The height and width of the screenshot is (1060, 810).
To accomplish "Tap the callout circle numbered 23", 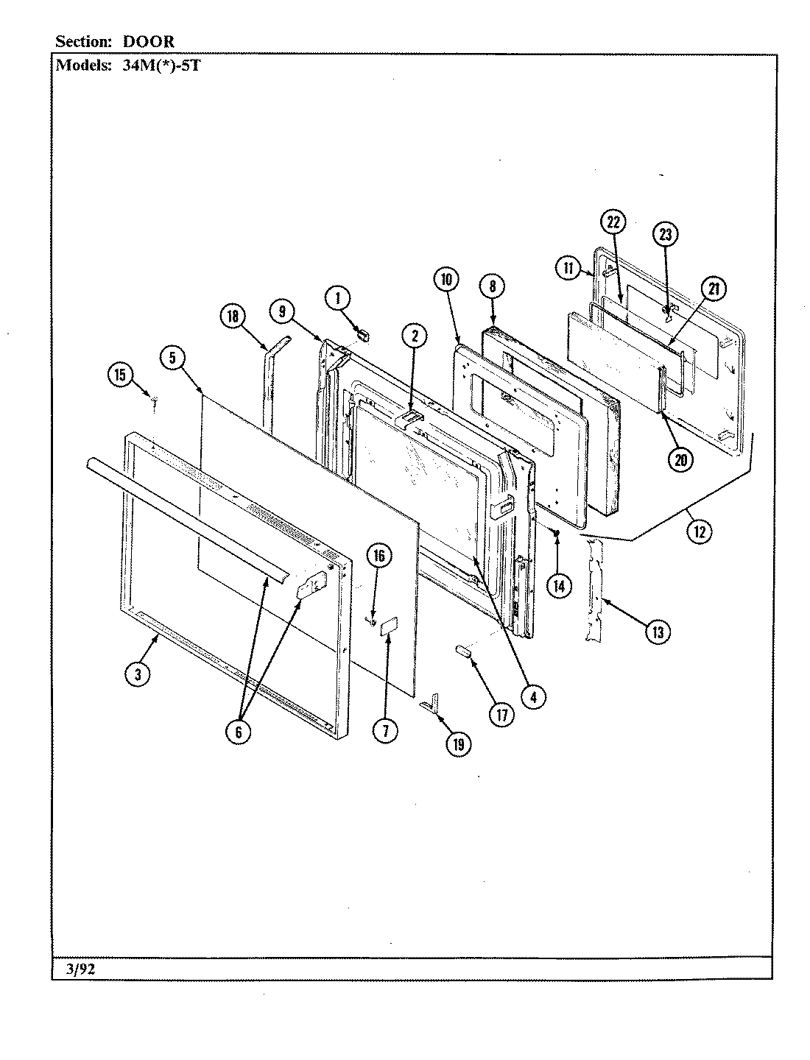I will (665, 235).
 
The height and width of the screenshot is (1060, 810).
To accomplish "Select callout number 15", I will (119, 375).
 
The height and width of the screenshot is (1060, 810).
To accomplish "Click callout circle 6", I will (238, 732).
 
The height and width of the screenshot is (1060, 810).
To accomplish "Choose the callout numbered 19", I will (458, 744).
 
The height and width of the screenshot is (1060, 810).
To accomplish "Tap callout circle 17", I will (502, 714).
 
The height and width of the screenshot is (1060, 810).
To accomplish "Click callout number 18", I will (233, 317).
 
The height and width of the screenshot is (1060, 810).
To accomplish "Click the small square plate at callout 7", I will (390, 626).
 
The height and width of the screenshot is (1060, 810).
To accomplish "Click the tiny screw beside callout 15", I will (155, 400).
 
